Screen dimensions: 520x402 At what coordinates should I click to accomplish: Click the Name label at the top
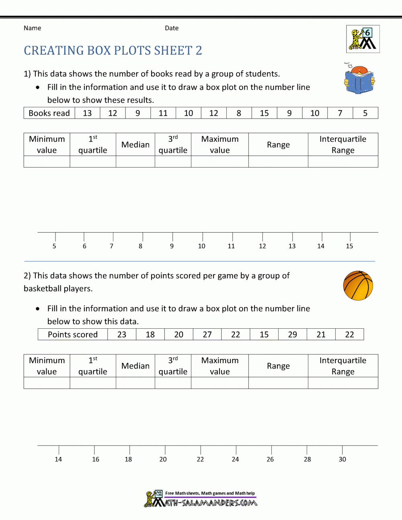[x=32, y=28]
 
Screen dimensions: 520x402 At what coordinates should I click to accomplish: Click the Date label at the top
[x=172, y=28]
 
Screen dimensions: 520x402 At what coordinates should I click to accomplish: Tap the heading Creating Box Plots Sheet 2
[x=113, y=51]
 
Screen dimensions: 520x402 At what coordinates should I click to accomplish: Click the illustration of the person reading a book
[x=359, y=79]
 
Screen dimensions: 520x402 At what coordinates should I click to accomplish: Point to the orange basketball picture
[x=358, y=286]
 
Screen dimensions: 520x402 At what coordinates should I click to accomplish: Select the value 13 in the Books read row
[x=87, y=113]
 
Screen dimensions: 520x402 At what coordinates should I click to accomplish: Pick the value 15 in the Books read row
[x=264, y=113]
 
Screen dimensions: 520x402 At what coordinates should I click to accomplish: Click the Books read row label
[x=49, y=113]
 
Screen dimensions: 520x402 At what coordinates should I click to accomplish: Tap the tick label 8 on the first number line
[x=140, y=246]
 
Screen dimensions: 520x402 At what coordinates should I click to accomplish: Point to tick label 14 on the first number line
[x=320, y=246]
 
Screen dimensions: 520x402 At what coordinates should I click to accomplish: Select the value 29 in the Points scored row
[x=292, y=335]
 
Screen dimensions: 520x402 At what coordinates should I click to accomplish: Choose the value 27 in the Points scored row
[x=207, y=335]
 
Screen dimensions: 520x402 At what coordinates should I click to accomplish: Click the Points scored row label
[x=73, y=335]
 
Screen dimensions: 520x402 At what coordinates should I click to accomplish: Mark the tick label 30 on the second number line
[x=342, y=459]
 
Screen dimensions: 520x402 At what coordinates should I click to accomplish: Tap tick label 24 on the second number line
[x=235, y=459]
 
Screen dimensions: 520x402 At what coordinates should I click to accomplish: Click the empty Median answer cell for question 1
[x=135, y=162]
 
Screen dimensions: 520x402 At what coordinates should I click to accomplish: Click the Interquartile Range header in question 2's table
[x=343, y=366]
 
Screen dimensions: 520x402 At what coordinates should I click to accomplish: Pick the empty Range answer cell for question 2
[x=278, y=383]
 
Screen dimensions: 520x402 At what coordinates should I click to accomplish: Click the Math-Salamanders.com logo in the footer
[x=201, y=499]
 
